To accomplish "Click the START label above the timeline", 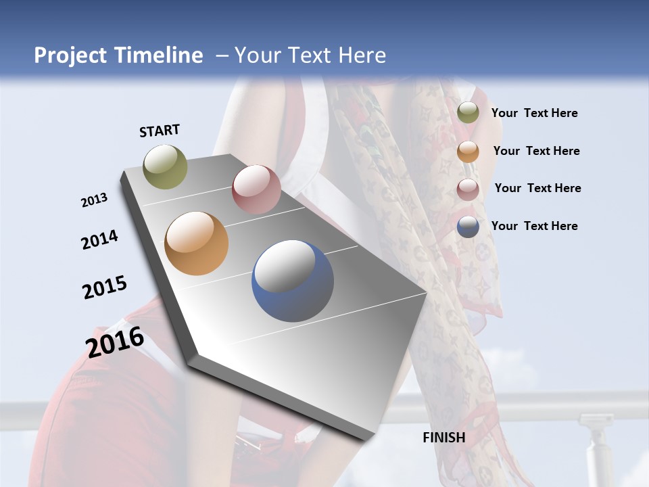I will (160, 131).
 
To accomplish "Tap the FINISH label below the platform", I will (443, 438).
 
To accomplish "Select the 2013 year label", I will (95, 200).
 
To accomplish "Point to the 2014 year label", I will (99, 239).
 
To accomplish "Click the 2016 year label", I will (115, 342).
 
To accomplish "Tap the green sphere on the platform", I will (165, 166).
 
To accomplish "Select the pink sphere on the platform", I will (256, 189).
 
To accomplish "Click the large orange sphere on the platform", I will (197, 243).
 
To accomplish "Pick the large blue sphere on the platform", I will (293, 281).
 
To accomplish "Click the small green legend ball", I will (468, 112).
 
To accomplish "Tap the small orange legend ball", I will (468, 151).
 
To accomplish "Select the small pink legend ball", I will (468, 189).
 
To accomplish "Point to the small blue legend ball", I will (468, 227).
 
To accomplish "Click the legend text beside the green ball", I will (534, 113).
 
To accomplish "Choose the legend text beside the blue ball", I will (534, 226).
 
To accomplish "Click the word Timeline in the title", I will (160, 55).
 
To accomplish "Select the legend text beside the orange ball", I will (536, 151).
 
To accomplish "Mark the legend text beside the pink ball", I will (537, 188).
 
